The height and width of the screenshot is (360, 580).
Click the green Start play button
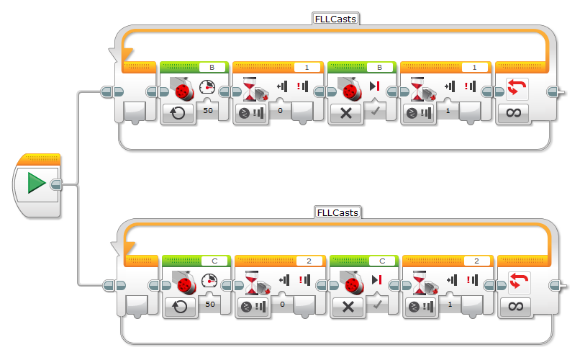point(37,184)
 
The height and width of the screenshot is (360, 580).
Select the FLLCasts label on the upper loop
point(335,19)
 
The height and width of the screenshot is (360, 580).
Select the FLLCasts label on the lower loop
point(337,212)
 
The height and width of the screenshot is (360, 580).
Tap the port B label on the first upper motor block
point(211,67)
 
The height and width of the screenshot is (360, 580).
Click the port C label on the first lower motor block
point(214,261)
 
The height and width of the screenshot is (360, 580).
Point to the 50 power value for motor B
point(209,111)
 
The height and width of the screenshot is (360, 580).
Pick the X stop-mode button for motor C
point(349,306)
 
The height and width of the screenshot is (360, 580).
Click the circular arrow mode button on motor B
point(178,112)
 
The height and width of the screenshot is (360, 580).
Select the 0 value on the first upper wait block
point(279,112)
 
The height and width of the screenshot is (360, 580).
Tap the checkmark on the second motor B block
point(376,111)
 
